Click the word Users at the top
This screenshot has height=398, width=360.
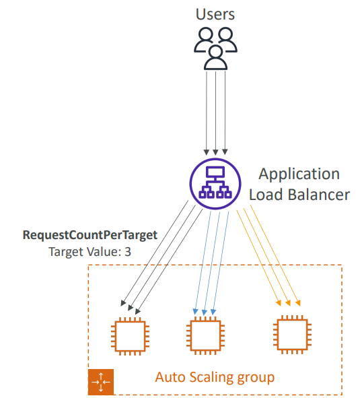pos(215,14)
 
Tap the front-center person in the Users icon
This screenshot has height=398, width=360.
pos(215,58)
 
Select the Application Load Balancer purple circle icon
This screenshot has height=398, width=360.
pos(215,184)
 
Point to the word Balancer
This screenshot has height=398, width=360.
pos(319,195)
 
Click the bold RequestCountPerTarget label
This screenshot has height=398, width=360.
pos(90,236)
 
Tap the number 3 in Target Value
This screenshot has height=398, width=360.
pos(128,252)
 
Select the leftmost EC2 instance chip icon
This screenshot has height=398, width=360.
pos(130,336)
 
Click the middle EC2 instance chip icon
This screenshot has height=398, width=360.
pos(205,335)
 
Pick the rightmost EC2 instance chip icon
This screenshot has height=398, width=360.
pos(292,335)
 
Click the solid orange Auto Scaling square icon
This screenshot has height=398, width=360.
pos(101,382)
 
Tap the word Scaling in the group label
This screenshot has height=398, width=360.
pos(211,378)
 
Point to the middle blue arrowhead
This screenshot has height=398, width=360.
pos(205,312)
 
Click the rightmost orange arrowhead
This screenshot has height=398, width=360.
pos(298,303)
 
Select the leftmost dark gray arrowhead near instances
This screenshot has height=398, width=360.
pos(123,303)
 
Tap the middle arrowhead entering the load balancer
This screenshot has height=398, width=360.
pos(215,152)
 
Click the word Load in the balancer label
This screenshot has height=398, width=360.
pos(266,195)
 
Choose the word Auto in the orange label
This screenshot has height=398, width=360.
pos(170,377)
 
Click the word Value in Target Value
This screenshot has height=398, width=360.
pos(104,252)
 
